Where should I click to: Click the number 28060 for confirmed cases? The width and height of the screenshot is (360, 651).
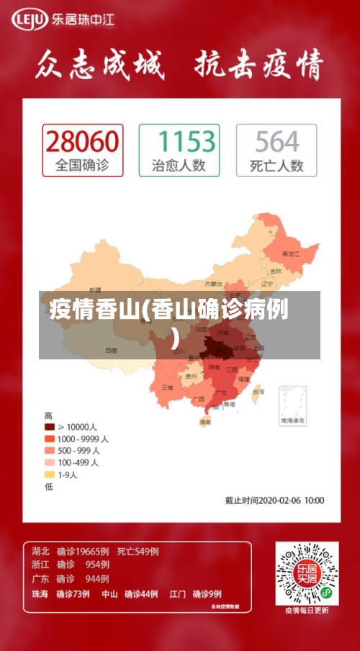click(x=82, y=141)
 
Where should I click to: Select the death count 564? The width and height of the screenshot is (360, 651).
click(x=276, y=141)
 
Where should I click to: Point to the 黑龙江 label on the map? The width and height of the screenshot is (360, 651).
click(x=291, y=253)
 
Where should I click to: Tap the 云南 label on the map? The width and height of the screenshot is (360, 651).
click(x=167, y=387)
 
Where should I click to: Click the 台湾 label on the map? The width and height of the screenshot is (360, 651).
click(x=258, y=392)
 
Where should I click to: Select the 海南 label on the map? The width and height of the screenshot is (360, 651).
click(x=206, y=422)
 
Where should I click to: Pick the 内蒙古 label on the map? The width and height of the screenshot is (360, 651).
click(x=214, y=284)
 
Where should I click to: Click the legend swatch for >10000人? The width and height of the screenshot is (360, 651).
click(x=50, y=427)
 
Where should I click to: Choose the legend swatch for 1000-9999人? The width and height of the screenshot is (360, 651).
click(x=50, y=439)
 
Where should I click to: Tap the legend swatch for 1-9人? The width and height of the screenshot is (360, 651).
click(x=50, y=475)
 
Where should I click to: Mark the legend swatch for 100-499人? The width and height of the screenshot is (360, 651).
click(x=50, y=462)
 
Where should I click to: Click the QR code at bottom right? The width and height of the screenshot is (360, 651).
click(x=307, y=573)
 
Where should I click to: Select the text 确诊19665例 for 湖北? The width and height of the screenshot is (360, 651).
click(x=82, y=552)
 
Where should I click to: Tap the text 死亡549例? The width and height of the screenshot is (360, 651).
click(x=138, y=552)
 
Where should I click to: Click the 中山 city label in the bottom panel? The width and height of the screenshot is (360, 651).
click(x=109, y=594)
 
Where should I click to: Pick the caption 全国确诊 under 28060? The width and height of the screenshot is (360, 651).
click(x=82, y=166)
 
